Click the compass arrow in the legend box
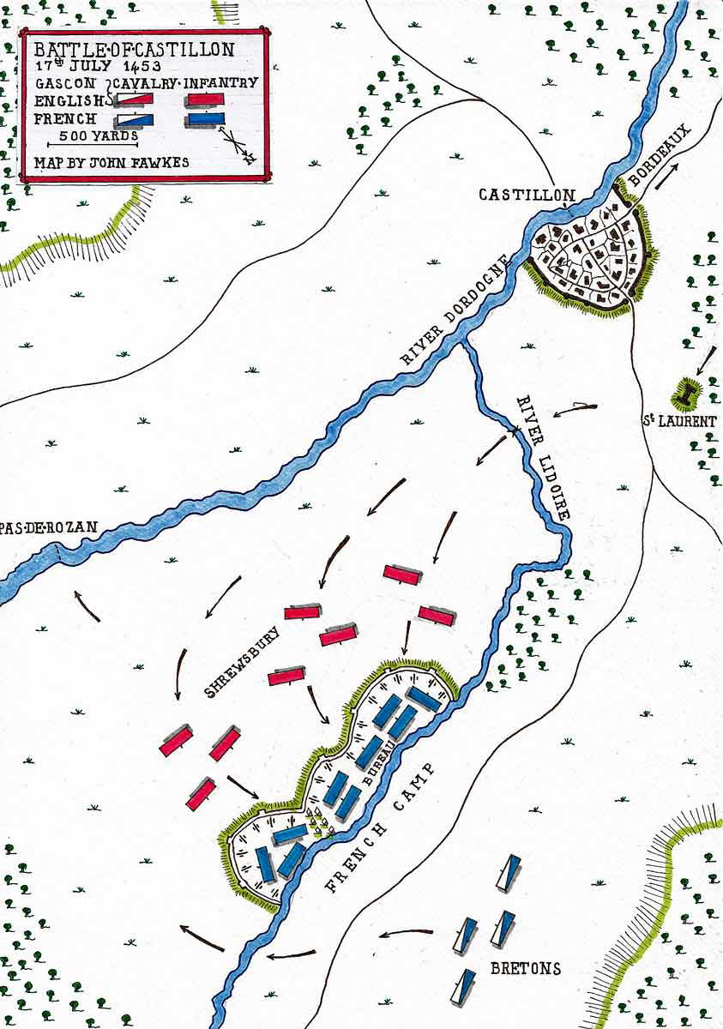(238, 144)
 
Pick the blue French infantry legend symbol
(206, 119)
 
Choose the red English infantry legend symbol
(206, 99)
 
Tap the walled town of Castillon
(590, 256)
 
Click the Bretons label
(526, 969)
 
